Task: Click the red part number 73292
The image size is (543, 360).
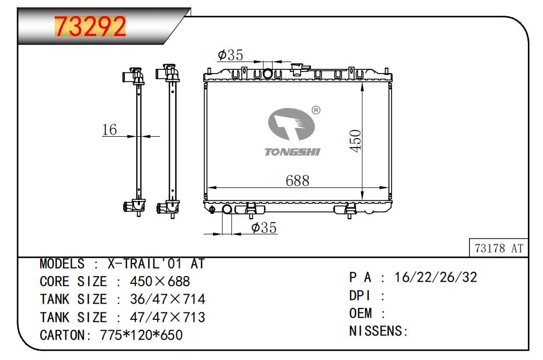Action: (90, 26)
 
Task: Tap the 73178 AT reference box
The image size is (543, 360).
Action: (499, 248)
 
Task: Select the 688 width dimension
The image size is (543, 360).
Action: (298, 181)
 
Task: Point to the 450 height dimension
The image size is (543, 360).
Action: (356, 140)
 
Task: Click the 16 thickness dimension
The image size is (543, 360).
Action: (110, 130)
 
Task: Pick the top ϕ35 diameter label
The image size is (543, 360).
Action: (230, 55)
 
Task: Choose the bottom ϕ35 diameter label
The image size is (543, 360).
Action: (264, 227)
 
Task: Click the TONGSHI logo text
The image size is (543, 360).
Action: (292, 152)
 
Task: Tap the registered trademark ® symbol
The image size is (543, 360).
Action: (316, 110)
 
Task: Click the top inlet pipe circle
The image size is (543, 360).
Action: (267, 74)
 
